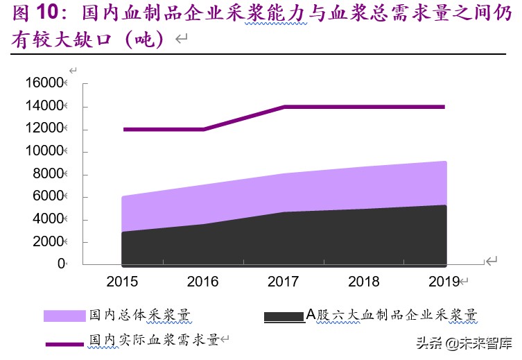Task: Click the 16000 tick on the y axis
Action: [x=44, y=83]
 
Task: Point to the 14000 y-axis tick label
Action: [x=44, y=106]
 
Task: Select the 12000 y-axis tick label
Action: [x=44, y=129]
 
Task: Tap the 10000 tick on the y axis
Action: [x=44, y=152]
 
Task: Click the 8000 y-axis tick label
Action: [x=48, y=175]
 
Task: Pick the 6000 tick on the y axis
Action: [x=48, y=197]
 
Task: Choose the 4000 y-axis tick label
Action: [x=48, y=220]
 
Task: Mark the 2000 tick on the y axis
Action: [x=48, y=242]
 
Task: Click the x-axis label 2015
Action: [x=122, y=282]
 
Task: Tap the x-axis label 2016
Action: [x=202, y=282]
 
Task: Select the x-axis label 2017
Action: [x=283, y=282]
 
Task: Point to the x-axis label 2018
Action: [x=363, y=282]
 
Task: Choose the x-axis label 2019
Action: [x=442, y=282]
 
